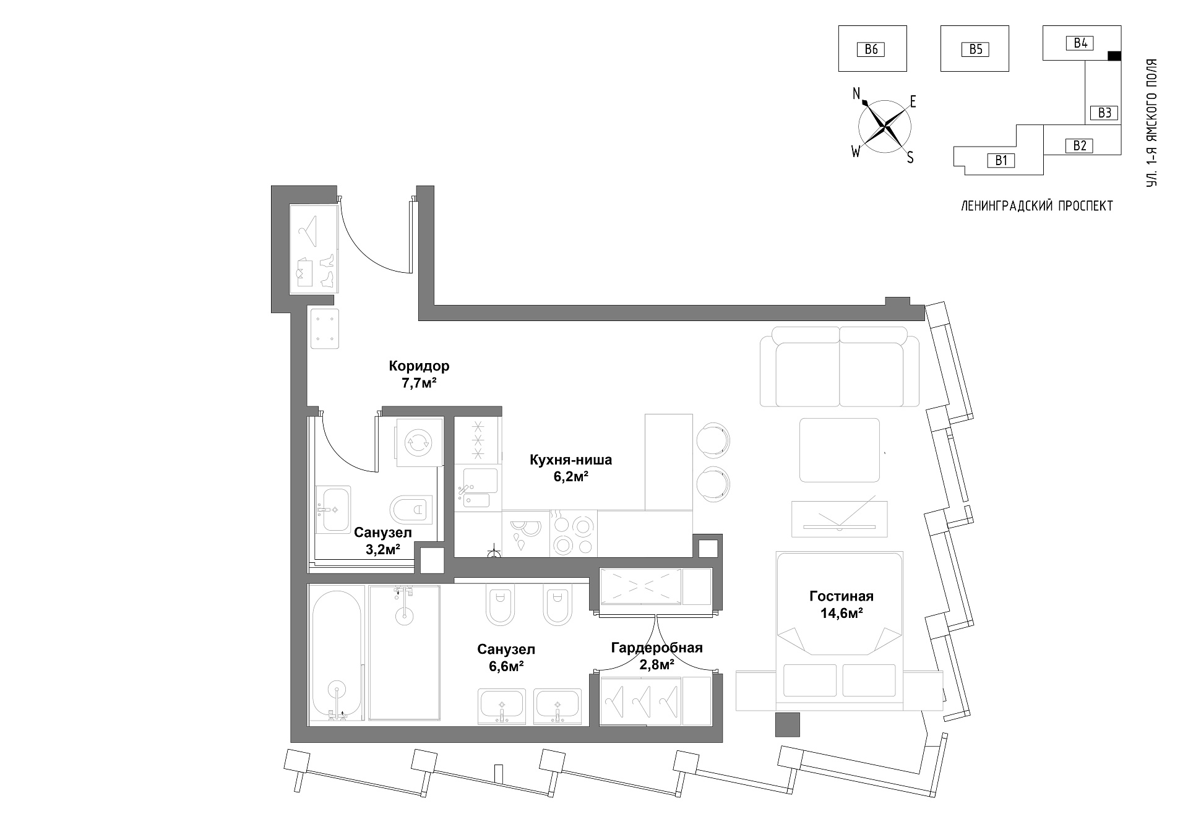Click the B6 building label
871,49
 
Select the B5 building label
975,49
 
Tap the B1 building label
1001,161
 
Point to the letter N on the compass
857,93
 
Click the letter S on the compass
910,158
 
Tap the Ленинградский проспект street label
1037,206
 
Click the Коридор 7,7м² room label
419,374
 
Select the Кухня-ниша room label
570,460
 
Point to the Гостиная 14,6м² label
841,604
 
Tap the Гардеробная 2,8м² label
656,656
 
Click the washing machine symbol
419,442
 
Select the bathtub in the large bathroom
337,653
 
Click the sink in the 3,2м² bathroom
334,509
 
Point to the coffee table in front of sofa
840,450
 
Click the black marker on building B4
1114,56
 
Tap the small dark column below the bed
788,724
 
